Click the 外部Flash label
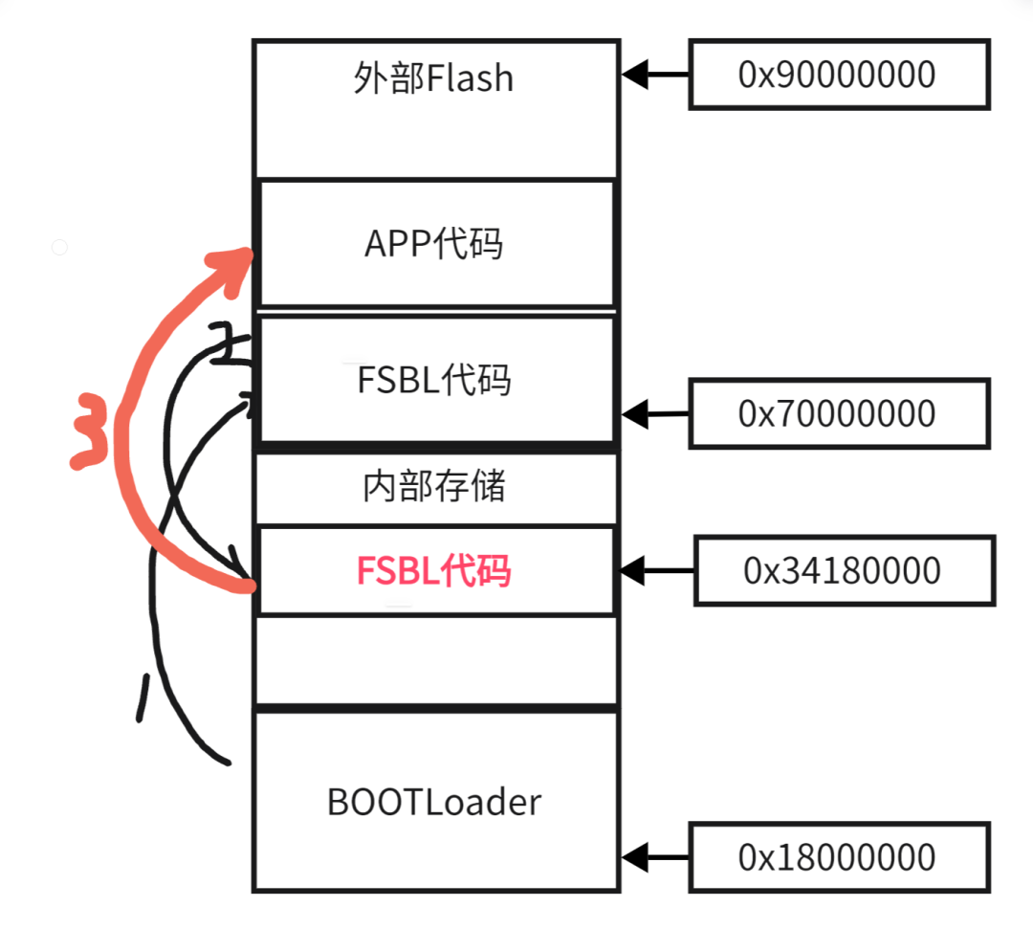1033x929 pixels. coord(433,77)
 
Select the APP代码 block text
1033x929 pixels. coord(433,244)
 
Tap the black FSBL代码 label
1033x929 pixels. coord(433,380)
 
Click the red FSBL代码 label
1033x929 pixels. coord(433,571)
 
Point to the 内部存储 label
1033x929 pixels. coord(433,487)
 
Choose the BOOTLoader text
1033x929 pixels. coord(433,802)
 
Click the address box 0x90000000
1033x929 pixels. coord(837,75)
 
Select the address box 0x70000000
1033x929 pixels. coord(837,413)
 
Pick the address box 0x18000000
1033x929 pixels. coord(837,856)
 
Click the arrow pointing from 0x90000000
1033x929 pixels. coord(655,73)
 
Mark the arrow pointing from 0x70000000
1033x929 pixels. coord(655,414)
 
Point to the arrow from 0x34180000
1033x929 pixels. coord(657,571)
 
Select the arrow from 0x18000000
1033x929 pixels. coord(655,855)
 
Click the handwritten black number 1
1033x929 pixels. coord(143,697)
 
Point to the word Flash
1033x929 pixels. coord(471,77)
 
